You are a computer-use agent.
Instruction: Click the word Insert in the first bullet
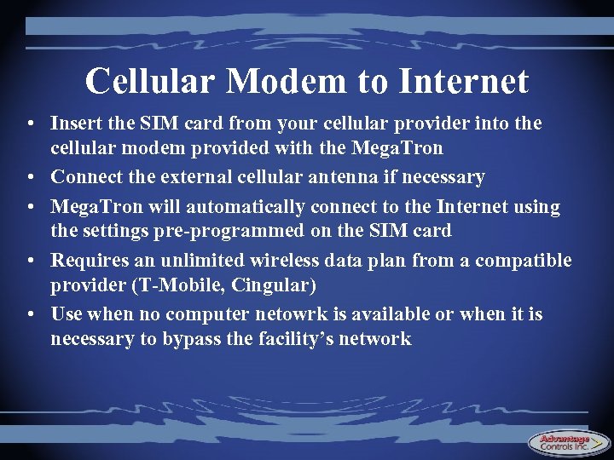pyautogui.click(x=75, y=124)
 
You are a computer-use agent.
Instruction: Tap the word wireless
pyautogui.click(x=289, y=261)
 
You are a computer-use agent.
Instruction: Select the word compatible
pyautogui.click(x=524, y=261)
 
